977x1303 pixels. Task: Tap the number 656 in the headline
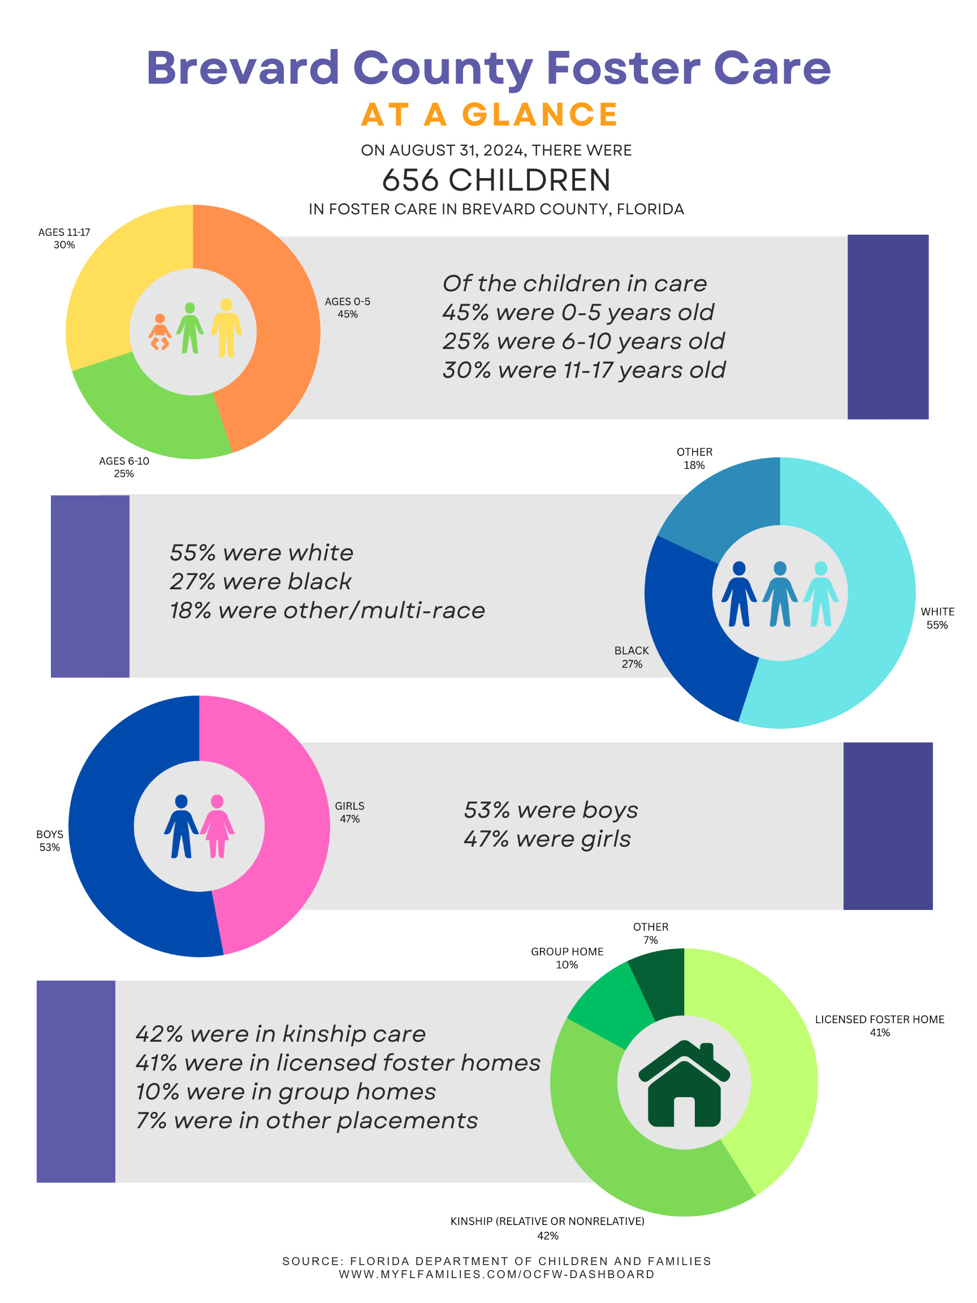[x=410, y=180]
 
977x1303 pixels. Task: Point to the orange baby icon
[x=159, y=332]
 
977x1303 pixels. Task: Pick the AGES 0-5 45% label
[x=348, y=308]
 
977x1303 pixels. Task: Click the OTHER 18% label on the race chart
[x=694, y=458]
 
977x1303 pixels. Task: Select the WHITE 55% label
[x=937, y=618]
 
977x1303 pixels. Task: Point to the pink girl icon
[x=217, y=826]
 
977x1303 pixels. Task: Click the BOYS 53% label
[x=49, y=840]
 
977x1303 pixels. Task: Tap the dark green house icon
[x=684, y=1084]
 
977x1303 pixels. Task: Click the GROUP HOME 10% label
[x=567, y=958]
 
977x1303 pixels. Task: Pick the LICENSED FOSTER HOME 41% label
[x=879, y=1025]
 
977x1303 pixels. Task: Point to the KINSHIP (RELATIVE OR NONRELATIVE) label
[x=547, y=1221]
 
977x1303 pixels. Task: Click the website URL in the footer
[x=496, y=1274]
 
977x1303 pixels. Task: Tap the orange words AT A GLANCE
[x=490, y=114]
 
